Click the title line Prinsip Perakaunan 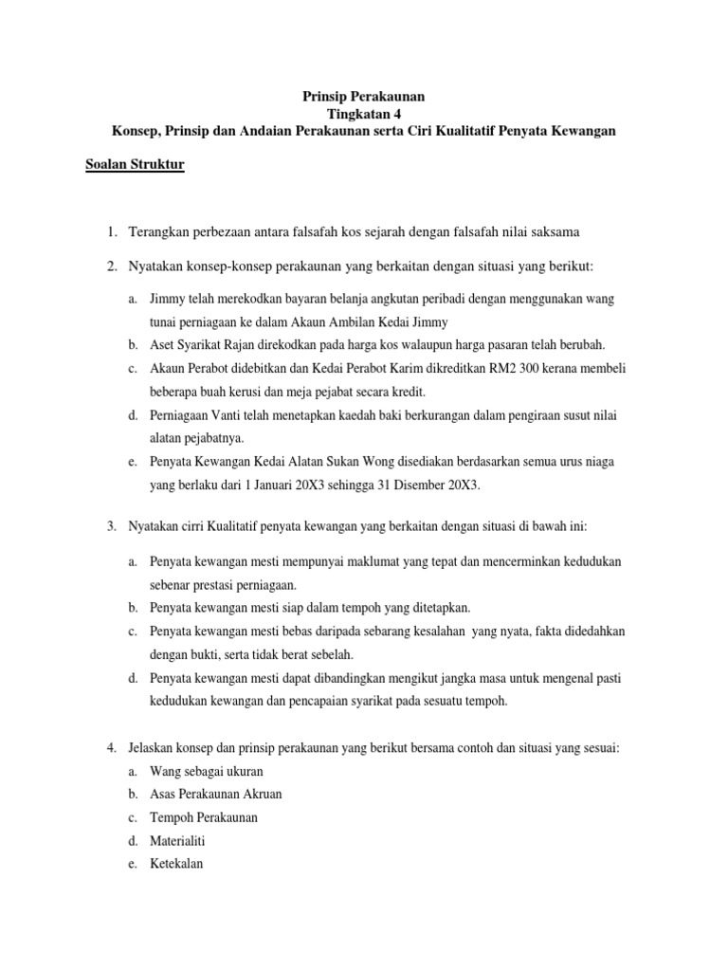364,96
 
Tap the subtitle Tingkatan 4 364,114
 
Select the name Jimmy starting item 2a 166,299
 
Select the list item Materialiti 179,840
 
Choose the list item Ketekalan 176,864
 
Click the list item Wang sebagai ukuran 206,771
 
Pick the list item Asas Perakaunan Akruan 216,794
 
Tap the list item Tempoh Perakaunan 204,817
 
